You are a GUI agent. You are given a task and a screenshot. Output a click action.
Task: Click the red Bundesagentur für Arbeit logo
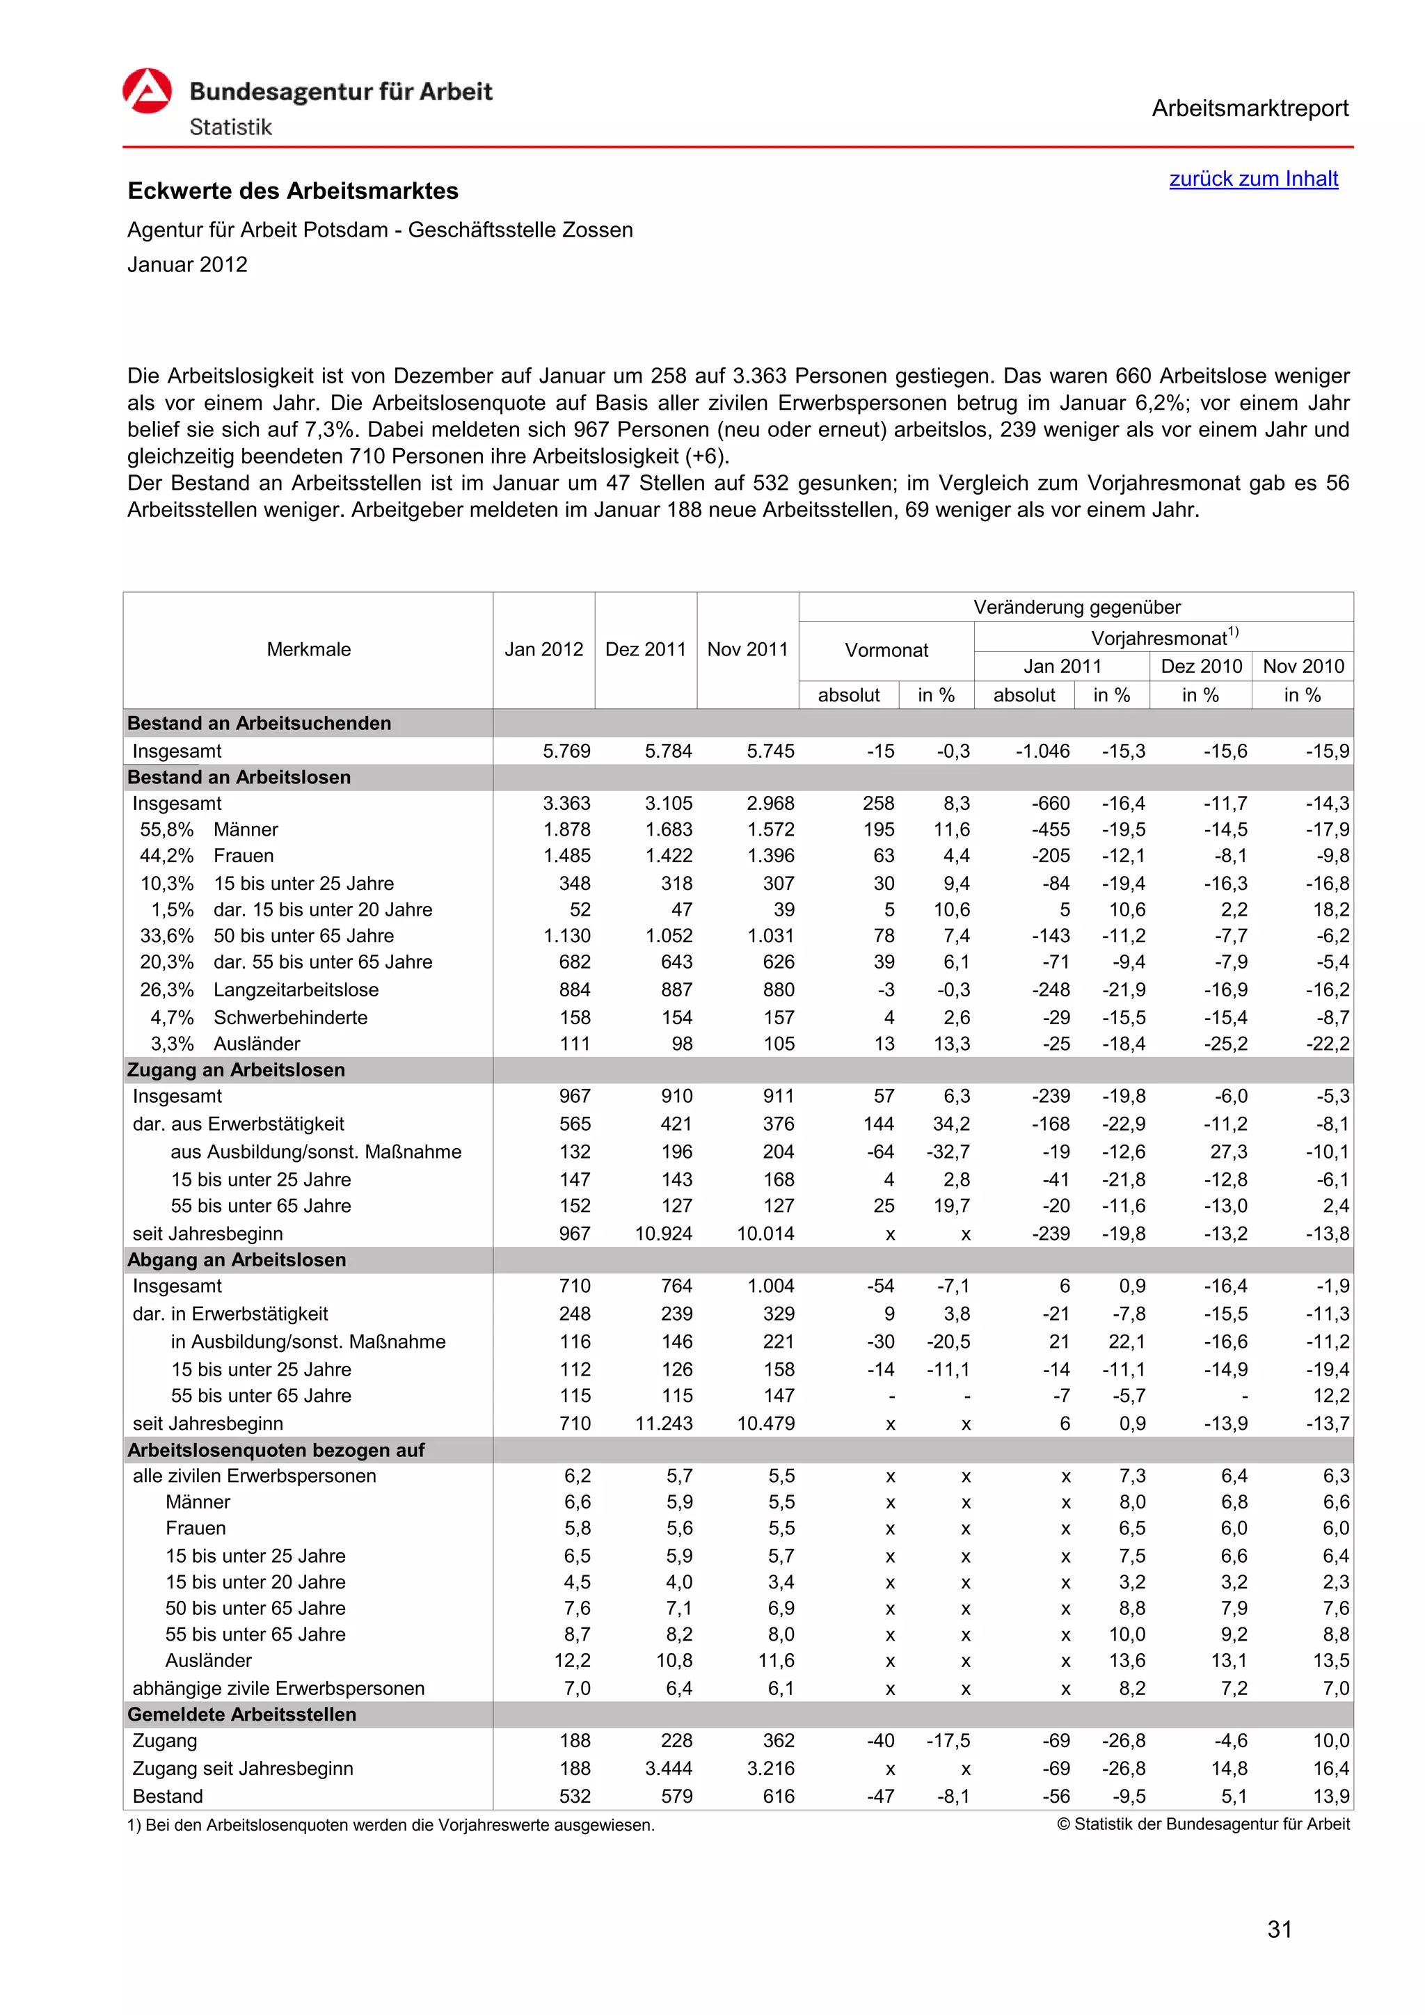147,91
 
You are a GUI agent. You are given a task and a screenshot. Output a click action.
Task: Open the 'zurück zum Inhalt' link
1253,179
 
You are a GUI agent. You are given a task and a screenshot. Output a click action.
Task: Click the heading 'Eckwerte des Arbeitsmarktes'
293,191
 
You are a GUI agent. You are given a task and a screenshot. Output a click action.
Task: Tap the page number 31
1280,1929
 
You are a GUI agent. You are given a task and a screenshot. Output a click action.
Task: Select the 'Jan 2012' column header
543,649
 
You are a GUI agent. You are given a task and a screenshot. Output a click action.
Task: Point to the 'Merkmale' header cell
308,649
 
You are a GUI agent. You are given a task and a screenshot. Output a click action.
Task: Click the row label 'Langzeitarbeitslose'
296,990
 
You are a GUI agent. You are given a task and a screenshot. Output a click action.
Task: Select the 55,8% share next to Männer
167,830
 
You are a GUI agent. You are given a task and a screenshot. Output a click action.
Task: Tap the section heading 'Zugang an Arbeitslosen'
236,1070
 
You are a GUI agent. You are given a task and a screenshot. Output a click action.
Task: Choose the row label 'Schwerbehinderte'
290,1018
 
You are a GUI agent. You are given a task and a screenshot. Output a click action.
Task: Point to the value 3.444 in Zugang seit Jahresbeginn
669,1769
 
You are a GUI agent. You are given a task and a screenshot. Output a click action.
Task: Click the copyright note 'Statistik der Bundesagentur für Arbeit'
1210,1824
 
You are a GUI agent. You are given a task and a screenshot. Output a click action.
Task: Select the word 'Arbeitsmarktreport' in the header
1250,109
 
